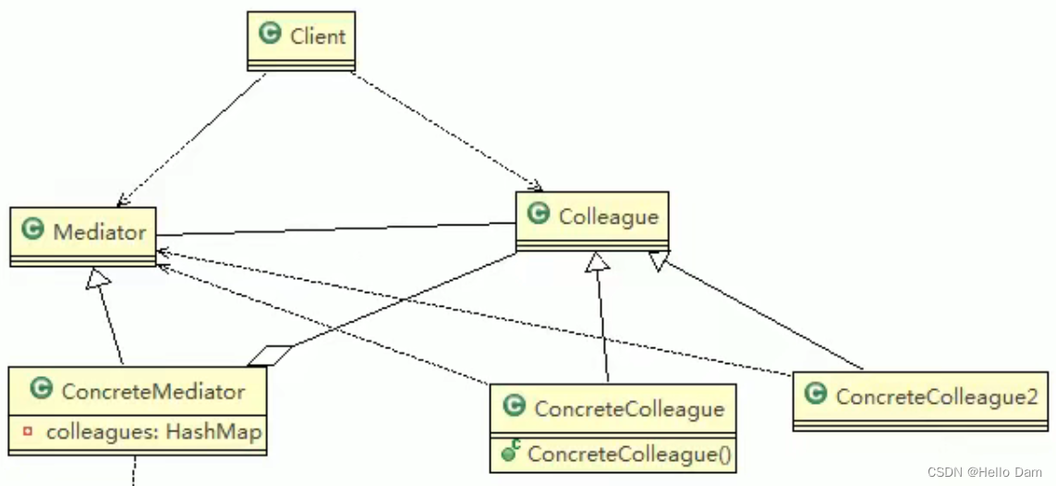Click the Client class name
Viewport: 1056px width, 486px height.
[317, 37]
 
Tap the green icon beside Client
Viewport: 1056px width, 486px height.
[271, 35]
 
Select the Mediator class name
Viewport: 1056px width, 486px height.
[100, 232]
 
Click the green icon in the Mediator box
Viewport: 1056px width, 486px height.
[33, 230]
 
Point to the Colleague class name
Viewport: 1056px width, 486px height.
[608, 217]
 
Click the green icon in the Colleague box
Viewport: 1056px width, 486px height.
[539, 214]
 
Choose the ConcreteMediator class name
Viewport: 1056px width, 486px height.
[153, 391]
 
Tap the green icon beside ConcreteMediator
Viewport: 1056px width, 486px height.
[41, 389]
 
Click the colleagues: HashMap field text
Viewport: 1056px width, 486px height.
[154, 431]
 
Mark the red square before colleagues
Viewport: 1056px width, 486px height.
[28, 431]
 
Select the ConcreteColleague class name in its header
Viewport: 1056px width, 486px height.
[629, 408]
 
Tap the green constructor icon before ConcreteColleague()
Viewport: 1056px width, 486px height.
[510, 453]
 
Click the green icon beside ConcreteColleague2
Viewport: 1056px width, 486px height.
[815, 395]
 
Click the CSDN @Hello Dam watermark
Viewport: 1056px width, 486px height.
[984, 471]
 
